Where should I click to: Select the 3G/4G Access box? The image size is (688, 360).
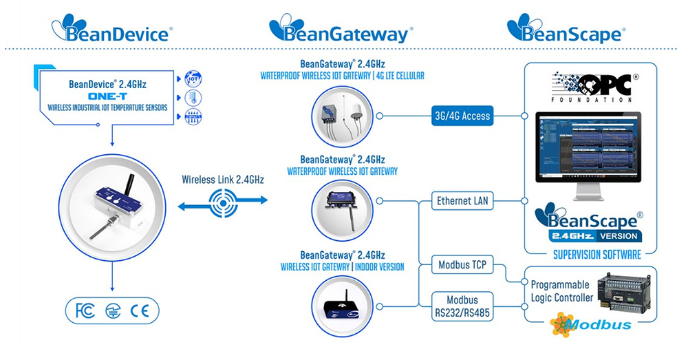462,116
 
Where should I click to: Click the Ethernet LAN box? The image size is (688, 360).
462,202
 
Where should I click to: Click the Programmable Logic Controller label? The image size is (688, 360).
562,291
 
